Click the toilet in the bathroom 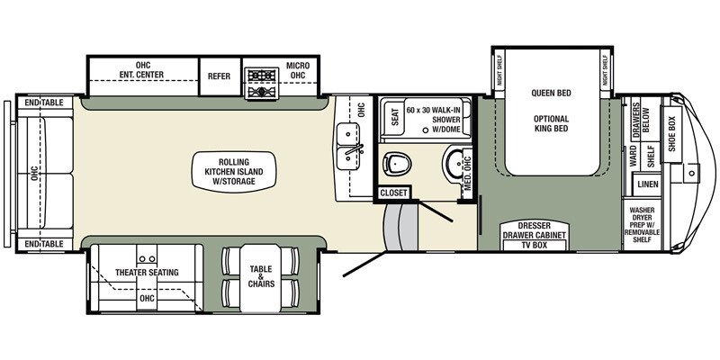click(x=397, y=164)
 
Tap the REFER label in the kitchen click(x=219, y=76)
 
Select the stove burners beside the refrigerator click(x=261, y=83)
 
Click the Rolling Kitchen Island click(x=234, y=172)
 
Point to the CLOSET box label click(x=394, y=193)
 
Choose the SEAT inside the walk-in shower click(x=395, y=117)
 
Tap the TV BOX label click(x=534, y=245)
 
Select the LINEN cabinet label click(x=648, y=184)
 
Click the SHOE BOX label click(x=671, y=134)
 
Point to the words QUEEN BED click(x=552, y=94)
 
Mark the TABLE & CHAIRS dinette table click(x=260, y=277)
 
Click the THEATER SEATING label click(x=147, y=273)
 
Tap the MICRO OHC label click(x=298, y=71)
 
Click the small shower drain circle click(x=425, y=130)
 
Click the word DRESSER click(x=534, y=227)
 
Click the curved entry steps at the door click(x=400, y=227)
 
